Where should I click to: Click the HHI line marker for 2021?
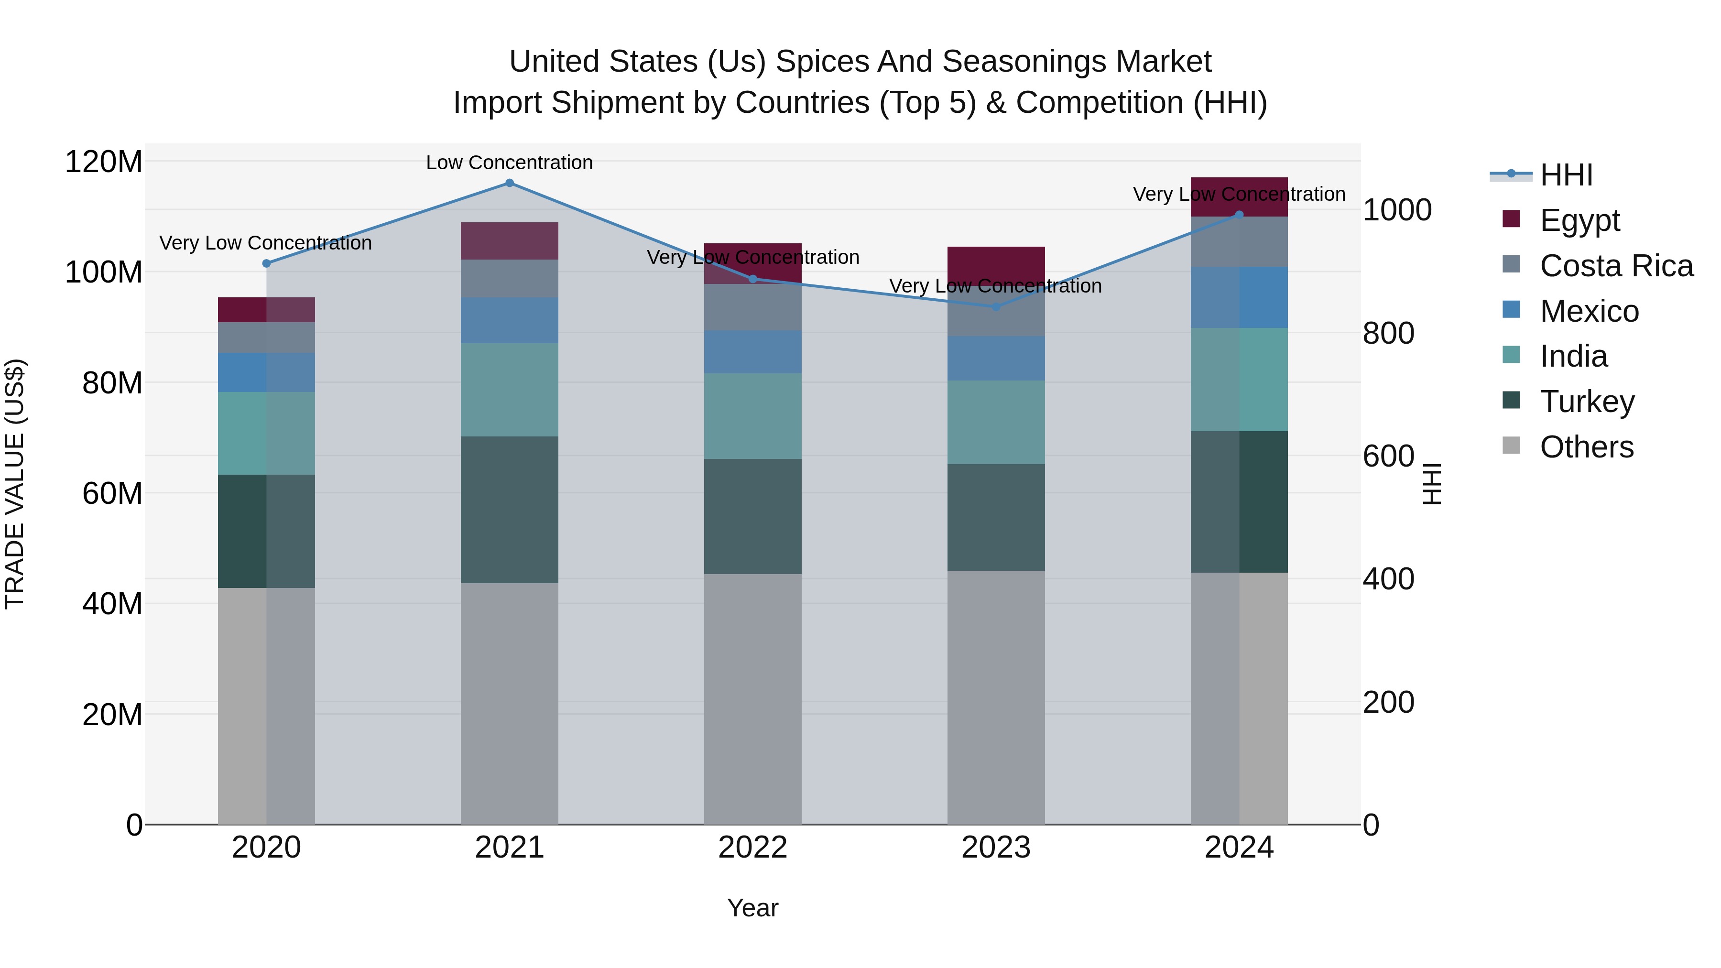click(509, 183)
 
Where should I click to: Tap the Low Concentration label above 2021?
click(509, 163)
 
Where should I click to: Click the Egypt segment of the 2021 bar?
click(509, 240)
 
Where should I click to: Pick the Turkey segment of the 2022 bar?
click(752, 516)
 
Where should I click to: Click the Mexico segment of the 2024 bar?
click(1239, 297)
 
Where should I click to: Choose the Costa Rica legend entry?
click(1616, 266)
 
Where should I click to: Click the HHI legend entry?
click(1566, 175)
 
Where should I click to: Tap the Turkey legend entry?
click(1587, 402)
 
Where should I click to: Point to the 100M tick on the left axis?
click(104, 272)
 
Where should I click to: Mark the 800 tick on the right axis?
click(1388, 333)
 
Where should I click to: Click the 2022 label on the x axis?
click(752, 848)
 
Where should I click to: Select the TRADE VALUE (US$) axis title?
click(15, 484)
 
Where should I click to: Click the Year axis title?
click(752, 908)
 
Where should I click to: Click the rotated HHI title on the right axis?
click(1432, 484)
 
